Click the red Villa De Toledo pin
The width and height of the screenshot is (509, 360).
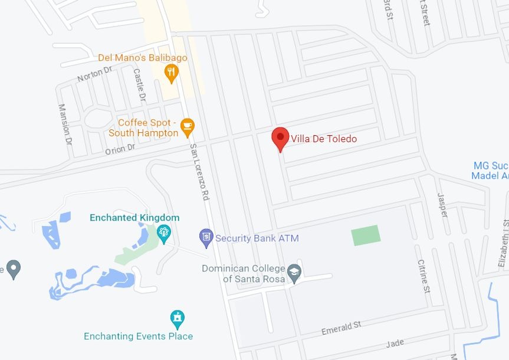pos(280,138)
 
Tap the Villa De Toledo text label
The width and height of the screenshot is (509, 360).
pos(324,139)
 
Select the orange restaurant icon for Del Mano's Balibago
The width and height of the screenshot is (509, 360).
pos(172,73)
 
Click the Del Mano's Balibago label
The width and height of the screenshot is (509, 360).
pos(142,58)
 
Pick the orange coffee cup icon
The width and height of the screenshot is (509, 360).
pos(187,125)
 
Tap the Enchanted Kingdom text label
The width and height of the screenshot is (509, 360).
pos(134,218)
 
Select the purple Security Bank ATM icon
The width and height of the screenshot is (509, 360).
pos(205,238)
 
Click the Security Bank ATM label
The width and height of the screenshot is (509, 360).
pos(257,238)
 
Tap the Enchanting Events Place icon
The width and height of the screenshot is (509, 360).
pos(177,319)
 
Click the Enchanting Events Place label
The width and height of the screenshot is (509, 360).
pos(138,336)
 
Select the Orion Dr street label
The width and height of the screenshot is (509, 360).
pos(120,149)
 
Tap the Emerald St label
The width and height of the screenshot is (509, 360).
pos(341,328)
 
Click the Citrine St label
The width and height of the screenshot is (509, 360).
pos(423,276)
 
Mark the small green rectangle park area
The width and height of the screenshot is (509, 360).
pos(366,235)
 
